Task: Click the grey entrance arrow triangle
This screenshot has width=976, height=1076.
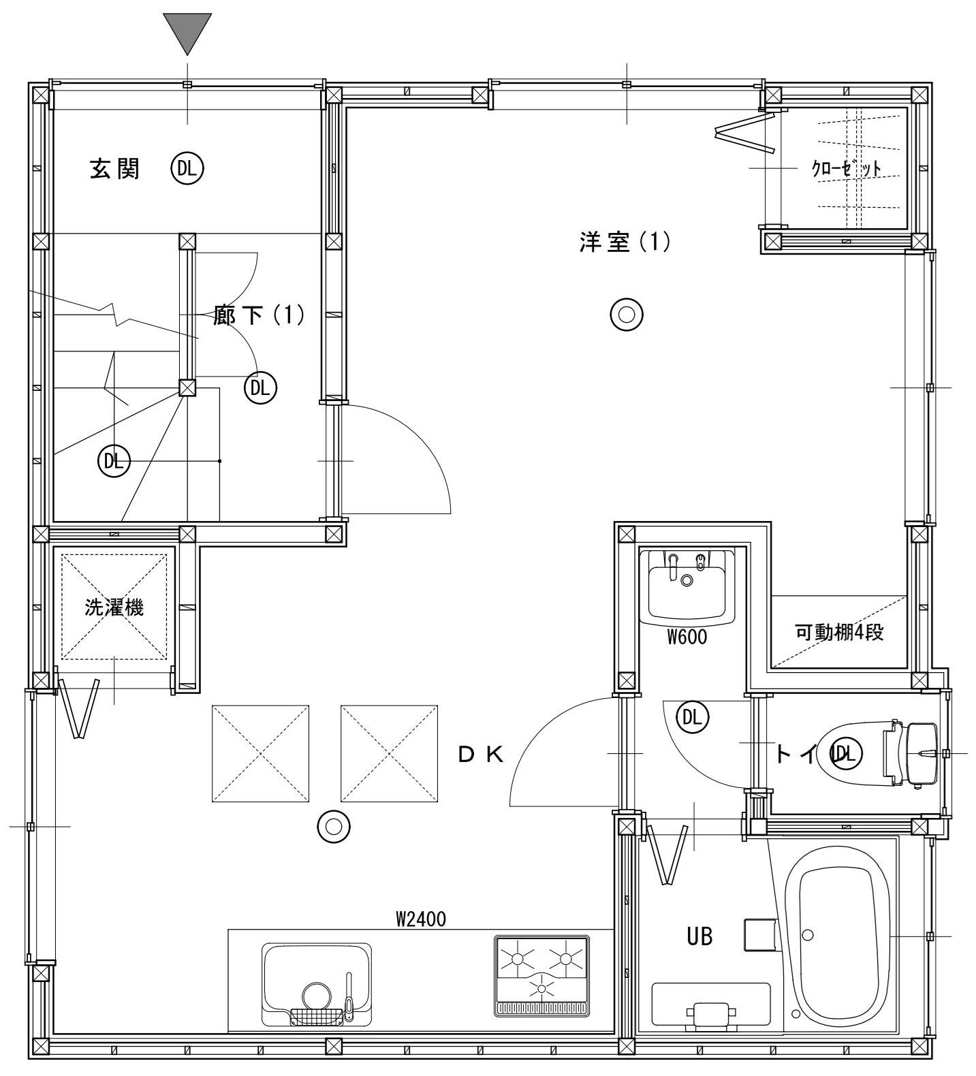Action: [x=187, y=30]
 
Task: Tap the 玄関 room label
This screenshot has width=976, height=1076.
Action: [x=115, y=169]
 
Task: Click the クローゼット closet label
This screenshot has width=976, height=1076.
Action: [x=847, y=168]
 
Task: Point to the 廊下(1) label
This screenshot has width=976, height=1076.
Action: [x=259, y=315]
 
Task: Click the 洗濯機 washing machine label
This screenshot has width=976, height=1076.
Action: [x=114, y=607]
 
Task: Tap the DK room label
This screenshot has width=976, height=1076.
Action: [x=481, y=754]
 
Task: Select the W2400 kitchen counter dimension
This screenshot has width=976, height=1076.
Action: [x=421, y=919]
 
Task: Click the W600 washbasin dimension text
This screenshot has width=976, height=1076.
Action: [x=687, y=637]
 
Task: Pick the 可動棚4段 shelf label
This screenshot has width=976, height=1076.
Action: [x=839, y=632]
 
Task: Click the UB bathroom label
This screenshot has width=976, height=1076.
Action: [x=699, y=937]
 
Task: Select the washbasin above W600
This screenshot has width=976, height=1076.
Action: [x=687, y=583]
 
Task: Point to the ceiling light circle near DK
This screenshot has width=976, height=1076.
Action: [x=334, y=827]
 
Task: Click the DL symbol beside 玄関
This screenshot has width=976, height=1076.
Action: [x=187, y=168]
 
